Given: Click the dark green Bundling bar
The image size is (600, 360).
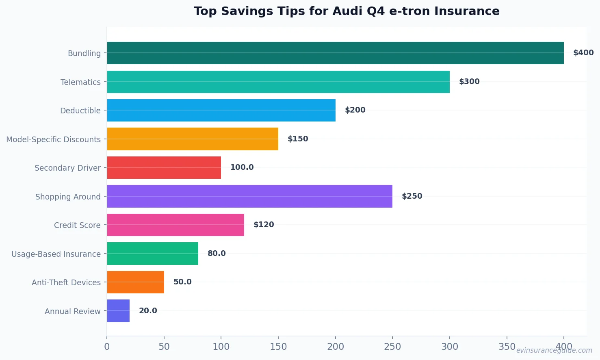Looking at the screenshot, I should [x=335, y=53].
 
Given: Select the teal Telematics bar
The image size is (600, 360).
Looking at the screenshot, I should [x=278, y=82].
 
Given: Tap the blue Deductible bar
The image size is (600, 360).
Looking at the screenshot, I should [x=221, y=110].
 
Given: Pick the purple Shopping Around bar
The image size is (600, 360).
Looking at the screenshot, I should [x=249, y=196].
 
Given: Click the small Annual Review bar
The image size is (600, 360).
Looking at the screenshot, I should [x=118, y=311].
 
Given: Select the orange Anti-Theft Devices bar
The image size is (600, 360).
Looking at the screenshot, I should [x=135, y=282].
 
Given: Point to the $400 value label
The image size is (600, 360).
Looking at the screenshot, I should [x=583, y=53].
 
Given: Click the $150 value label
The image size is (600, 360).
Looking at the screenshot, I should [x=298, y=139].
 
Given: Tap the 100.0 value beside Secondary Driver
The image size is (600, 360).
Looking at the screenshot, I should [x=242, y=167].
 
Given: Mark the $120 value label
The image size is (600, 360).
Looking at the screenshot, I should [x=264, y=225].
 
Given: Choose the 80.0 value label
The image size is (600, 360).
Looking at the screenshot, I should [x=217, y=254].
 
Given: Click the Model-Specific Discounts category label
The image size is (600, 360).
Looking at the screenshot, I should [x=53, y=139].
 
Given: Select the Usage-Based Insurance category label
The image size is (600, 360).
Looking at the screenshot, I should [x=56, y=254].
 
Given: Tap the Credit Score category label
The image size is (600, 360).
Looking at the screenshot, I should [x=77, y=225].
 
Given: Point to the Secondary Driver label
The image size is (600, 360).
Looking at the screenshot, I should [x=67, y=168].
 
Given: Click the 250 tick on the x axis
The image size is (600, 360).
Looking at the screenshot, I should [x=392, y=347].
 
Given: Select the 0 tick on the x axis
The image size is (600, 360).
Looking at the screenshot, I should [x=107, y=347].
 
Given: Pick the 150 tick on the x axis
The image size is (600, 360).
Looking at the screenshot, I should [x=278, y=347].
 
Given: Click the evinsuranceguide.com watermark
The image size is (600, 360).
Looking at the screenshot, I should [x=554, y=350].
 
